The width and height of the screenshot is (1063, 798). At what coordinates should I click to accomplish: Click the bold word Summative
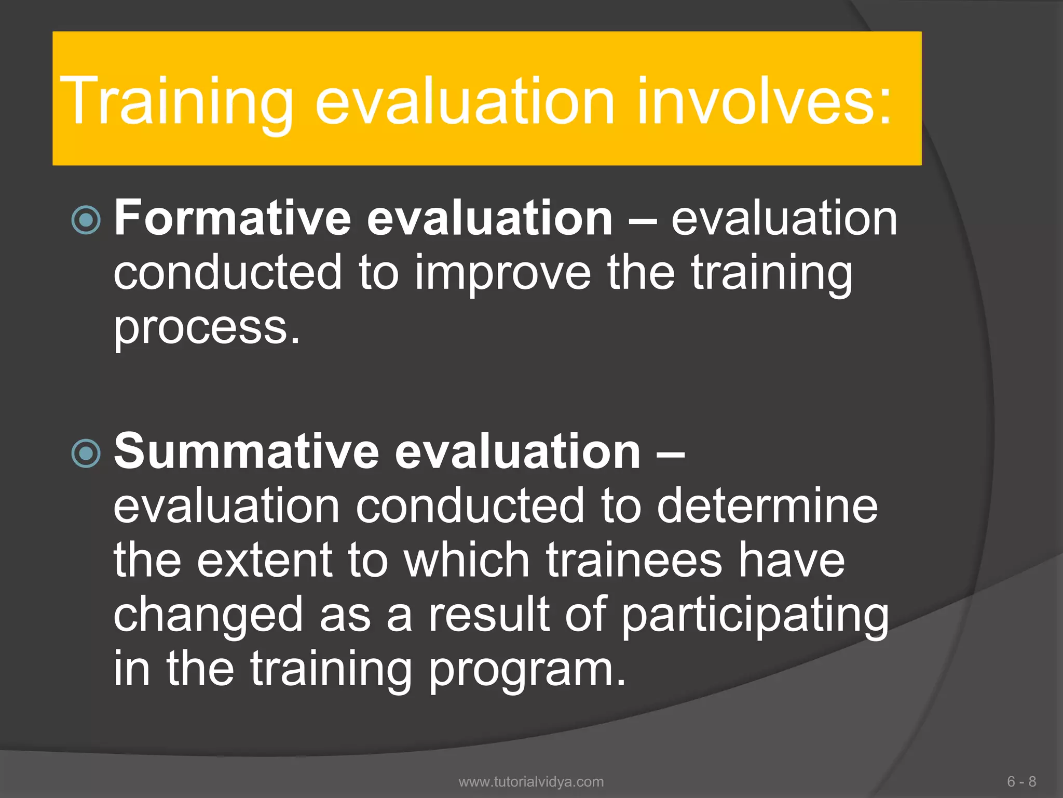click(247, 450)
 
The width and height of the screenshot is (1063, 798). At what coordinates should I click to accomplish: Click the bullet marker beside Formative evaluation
click(86, 220)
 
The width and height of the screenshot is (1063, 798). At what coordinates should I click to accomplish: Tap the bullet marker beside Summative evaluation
click(86, 454)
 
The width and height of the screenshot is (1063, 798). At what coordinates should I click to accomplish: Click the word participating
click(755, 616)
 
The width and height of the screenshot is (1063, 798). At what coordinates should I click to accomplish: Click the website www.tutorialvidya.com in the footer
click(531, 781)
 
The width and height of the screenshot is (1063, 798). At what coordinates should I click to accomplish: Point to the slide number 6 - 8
click(1021, 781)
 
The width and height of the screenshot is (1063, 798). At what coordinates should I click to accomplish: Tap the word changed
click(208, 616)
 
